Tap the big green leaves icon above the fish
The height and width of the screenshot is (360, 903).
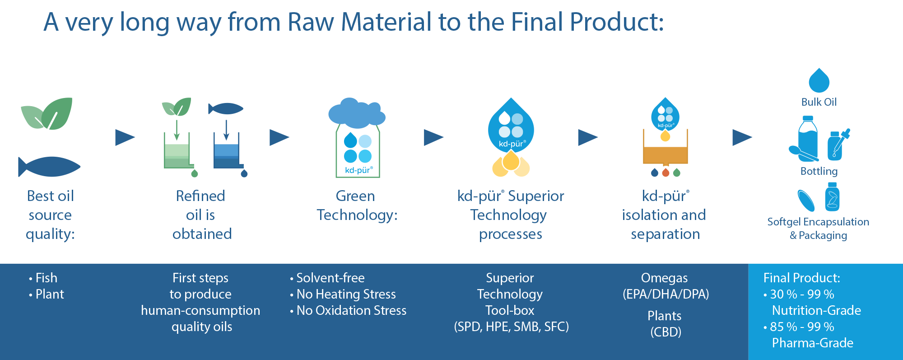point(47,114)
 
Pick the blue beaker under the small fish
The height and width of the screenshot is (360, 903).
point(227,154)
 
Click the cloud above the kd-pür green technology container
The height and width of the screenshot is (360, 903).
point(357,112)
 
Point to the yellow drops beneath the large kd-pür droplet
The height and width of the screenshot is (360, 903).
point(511,164)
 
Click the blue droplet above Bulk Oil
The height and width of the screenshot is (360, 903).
point(819,80)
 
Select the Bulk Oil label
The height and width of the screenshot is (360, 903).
point(819,102)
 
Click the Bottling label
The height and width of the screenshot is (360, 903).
point(819,171)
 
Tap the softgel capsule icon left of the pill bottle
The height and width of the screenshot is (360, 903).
point(806,201)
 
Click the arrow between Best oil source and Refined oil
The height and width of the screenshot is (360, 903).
point(125,137)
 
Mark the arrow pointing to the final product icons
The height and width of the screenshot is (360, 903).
point(742,137)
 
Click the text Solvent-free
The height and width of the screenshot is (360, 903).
point(330,278)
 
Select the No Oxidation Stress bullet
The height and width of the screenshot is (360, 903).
point(351,310)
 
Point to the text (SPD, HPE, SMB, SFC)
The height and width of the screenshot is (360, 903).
point(511,327)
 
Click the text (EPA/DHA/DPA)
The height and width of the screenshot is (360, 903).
point(666,294)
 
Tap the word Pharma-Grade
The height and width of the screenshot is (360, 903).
point(812,343)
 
